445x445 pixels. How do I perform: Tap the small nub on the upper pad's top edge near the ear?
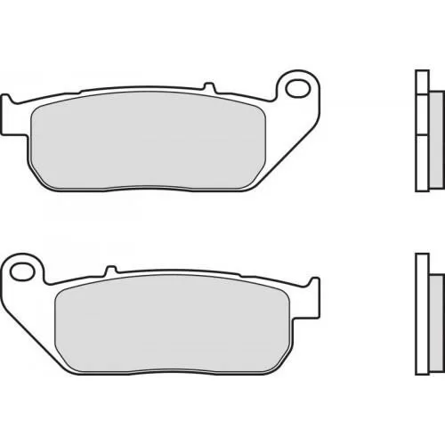[x=210, y=86]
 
